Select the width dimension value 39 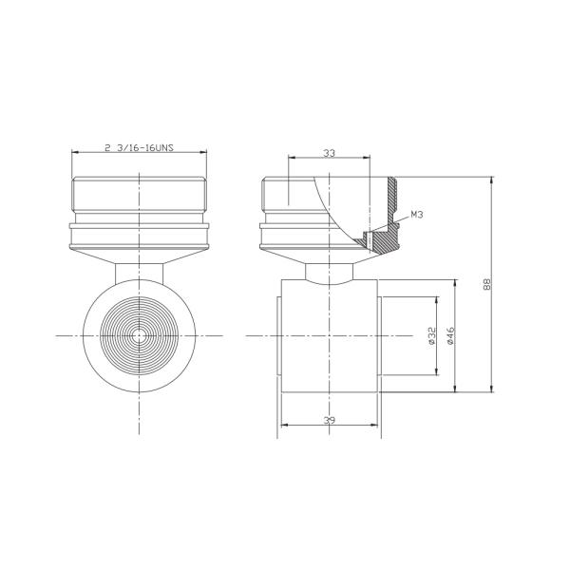329,420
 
